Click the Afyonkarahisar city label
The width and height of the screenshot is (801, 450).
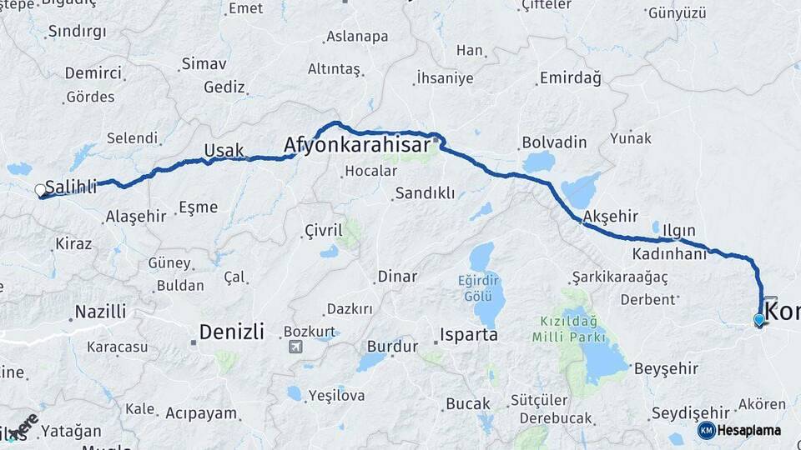pyautogui.click(x=358, y=146)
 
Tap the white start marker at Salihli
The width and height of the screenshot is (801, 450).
pyautogui.click(x=40, y=191)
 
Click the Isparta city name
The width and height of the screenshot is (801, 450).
pyautogui.click(x=468, y=335)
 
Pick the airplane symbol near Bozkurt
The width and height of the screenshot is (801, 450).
pyautogui.click(x=294, y=347)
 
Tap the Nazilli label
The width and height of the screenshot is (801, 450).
pyautogui.click(x=100, y=312)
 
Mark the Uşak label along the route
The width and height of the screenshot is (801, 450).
pyautogui.click(x=224, y=151)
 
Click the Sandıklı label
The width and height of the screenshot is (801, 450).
pyautogui.click(x=425, y=193)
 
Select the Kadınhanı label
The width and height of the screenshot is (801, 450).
pyautogui.click(x=669, y=254)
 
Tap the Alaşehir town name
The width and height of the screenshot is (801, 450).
pyautogui.click(x=136, y=217)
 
